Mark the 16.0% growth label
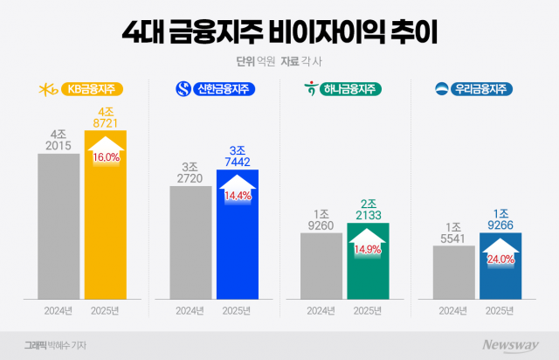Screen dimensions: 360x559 106,156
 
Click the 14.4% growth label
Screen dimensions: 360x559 238,197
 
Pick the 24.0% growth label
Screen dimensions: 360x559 500,260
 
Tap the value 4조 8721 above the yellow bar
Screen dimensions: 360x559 106,119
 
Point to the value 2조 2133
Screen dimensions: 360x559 369,210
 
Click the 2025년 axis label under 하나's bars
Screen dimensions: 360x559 368,310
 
